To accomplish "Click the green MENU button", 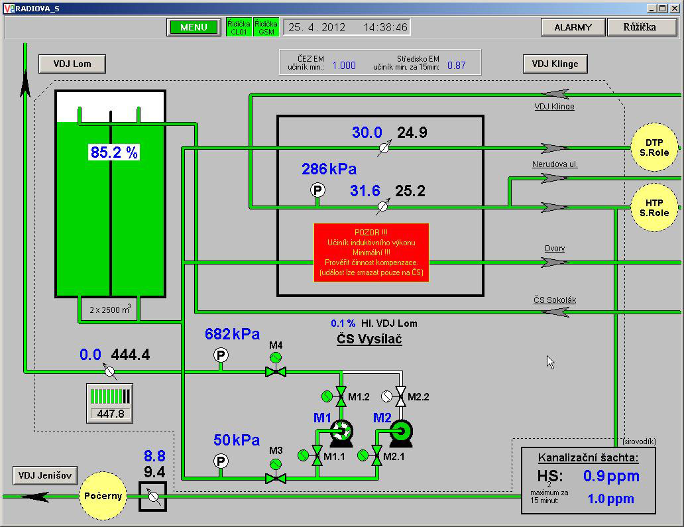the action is [194, 27].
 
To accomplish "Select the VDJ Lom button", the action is [72, 64].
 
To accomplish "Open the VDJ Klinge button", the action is [555, 64].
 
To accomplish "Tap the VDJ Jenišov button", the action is [45, 475].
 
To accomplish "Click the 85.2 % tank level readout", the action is [114, 152].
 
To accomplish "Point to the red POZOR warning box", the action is [371, 253].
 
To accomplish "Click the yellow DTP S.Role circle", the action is [654, 147].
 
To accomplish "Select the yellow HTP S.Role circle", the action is [654, 207].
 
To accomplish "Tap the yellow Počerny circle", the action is [103, 496].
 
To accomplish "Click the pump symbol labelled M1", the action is [341, 434].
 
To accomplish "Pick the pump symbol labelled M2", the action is [401, 434].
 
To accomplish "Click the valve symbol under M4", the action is [276, 372].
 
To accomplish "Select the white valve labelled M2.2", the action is [400, 396].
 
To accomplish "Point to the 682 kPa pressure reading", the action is [232, 334].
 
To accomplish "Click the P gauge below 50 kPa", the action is [221, 461].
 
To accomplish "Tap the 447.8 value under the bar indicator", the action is [111, 414].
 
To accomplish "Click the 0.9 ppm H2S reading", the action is [611, 477].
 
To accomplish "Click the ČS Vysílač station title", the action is [369, 339].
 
